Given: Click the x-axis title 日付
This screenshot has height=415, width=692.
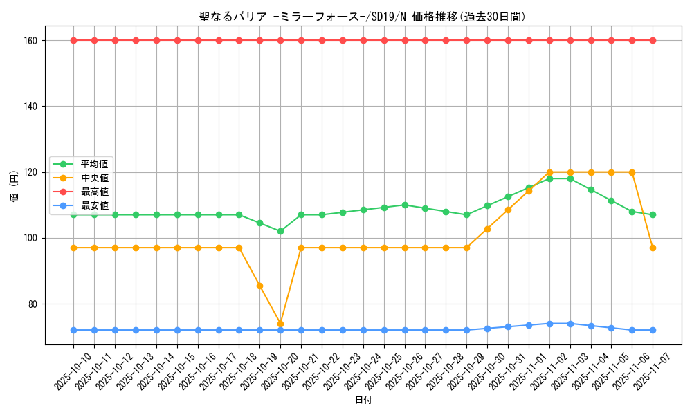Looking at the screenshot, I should click(363, 400).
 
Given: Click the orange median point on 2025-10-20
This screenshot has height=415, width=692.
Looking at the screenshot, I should click(280, 324).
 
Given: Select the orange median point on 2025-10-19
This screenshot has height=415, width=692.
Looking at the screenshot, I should click(259, 286).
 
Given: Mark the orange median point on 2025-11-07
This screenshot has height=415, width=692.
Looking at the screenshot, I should click(653, 248).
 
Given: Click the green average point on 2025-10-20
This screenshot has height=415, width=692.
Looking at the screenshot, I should click(280, 231).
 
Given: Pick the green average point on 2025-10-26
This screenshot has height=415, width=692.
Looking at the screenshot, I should click(405, 205).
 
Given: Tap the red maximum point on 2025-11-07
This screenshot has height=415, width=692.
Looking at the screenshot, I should click(653, 40).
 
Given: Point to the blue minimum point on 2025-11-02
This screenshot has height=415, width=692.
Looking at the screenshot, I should click(549, 324).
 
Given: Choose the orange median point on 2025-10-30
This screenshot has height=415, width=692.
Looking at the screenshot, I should click(487, 229).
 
